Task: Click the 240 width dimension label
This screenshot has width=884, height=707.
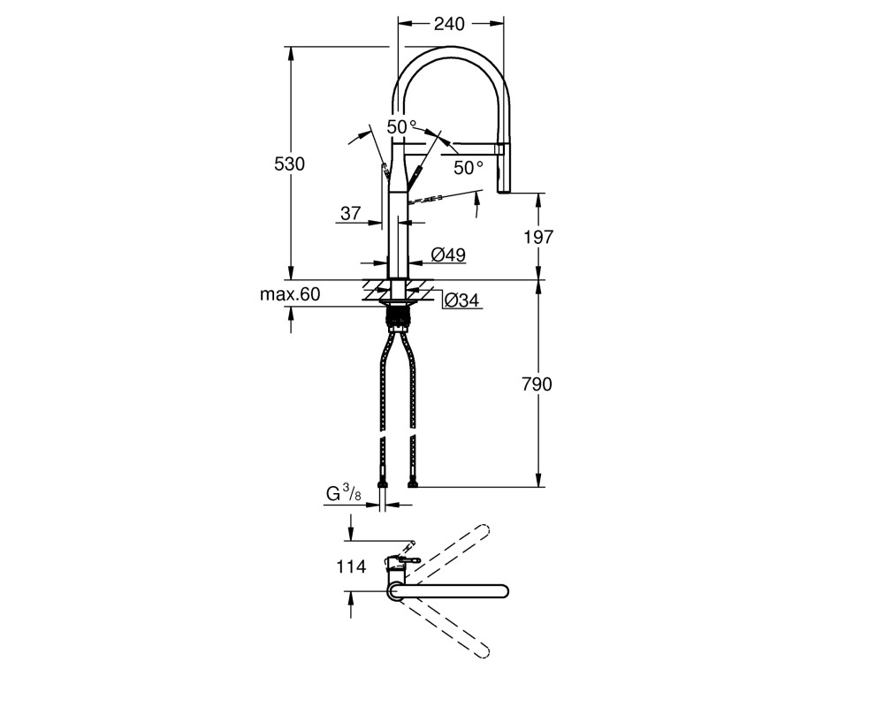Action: pyautogui.click(x=449, y=23)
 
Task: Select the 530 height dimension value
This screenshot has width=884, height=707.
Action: pyautogui.click(x=289, y=163)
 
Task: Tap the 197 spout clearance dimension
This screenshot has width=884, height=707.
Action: pyautogui.click(x=538, y=237)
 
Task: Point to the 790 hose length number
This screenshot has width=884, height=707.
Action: pyautogui.click(x=537, y=384)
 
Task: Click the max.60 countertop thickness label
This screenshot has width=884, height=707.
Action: pyautogui.click(x=290, y=293)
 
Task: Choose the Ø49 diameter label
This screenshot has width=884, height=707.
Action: pyautogui.click(x=448, y=255)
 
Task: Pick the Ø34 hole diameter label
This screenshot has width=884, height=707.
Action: pyautogui.click(x=461, y=300)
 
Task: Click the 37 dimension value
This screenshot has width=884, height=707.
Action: pyautogui.click(x=350, y=213)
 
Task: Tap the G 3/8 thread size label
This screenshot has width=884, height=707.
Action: pyautogui.click(x=343, y=494)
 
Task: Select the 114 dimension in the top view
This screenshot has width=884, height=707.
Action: pyautogui.click(x=351, y=566)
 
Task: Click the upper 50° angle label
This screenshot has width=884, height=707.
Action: pyautogui.click(x=401, y=127)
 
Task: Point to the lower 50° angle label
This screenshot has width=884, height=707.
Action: pyautogui.click(x=469, y=167)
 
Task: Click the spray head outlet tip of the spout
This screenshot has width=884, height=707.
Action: pyautogui.click(x=504, y=191)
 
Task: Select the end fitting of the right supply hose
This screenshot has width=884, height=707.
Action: pyautogui.click(x=413, y=483)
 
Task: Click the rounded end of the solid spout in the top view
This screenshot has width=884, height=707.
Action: pyautogui.click(x=502, y=590)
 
